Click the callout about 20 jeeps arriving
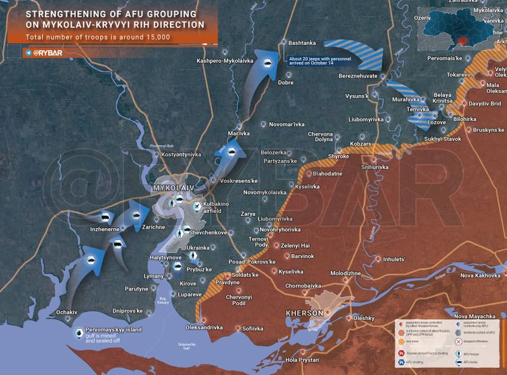(x=316, y=61)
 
